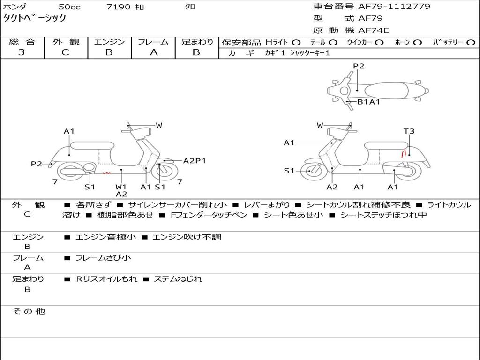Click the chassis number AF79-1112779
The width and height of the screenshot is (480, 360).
pyautogui.click(x=394, y=6)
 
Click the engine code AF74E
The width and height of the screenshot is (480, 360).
pyautogui.click(x=374, y=30)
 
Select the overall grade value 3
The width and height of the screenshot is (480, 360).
pyautogui.click(x=22, y=52)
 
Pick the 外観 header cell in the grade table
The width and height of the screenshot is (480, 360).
pyautogui.click(x=66, y=42)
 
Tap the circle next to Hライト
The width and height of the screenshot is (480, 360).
pyautogui.click(x=296, y=42)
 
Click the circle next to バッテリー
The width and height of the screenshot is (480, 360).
pyautogui.click(x=471, y=42)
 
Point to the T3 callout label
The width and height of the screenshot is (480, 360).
pyautogui.click(x=409, y=131)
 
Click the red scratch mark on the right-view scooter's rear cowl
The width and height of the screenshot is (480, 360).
pyautogui.click(x=404, y=152)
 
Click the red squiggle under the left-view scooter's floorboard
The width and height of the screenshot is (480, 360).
pyautogui.click(x=106, y=173)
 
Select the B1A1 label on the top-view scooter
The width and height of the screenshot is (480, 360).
pyautogui.click(x=368, y=102)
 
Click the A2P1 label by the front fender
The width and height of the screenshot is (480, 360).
pyautogui.click(x=195, y=161)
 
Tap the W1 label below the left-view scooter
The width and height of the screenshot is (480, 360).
pyautogui.click(x=121, y=187)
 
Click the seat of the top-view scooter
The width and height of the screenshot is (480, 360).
pyautogui.click(x=386, y=91)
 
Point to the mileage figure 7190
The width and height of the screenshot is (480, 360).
pyautogui.click(x=118, y=7)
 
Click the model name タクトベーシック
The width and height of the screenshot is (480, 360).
pyautogui.click(x=34, y=18)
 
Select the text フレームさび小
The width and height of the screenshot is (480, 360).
pyautogui.click(x=103, y=258)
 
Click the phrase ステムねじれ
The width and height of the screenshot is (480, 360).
pyautogui.click(x=178, y=279)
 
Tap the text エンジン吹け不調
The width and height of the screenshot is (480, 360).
pyautogui.click(x=187, y=237)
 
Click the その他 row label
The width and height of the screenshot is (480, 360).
pyautogui.click(x=29, y=311)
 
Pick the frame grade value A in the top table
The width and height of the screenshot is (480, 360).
pyautogui.click(x=154, y=52)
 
